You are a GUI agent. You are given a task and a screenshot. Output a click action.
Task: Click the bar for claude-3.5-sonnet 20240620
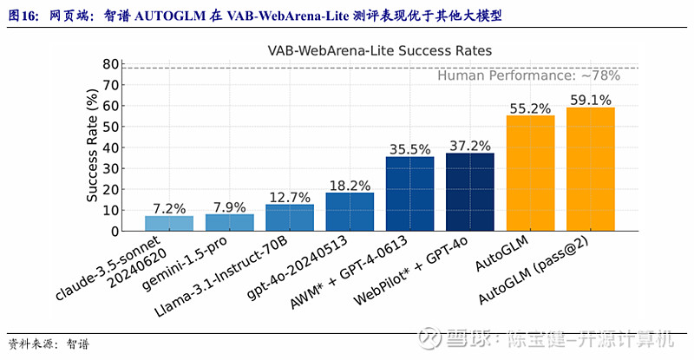pos(169,223)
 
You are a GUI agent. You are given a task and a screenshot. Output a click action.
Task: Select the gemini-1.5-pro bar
pos(229,222)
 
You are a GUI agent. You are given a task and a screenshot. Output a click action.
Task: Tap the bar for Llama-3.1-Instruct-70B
pos(290,218)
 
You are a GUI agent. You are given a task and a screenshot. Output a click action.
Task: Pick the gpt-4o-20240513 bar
pos(350,212)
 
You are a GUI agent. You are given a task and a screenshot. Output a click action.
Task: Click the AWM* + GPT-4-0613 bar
pos(409,193)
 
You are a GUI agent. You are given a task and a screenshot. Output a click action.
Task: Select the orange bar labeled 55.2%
pos(530,173)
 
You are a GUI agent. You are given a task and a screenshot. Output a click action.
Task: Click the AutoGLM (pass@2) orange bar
pos(590,169)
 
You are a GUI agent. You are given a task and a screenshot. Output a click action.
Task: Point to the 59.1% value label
pos(590,100)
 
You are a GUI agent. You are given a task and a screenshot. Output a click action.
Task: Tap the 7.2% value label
pos(169,208)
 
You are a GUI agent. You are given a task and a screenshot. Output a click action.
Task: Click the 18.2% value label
pos(350,185)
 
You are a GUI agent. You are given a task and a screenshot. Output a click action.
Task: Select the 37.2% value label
pos(469,145)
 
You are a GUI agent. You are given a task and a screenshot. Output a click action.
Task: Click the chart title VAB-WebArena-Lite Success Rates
pos(379,50)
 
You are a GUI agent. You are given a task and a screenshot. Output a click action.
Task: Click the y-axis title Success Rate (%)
pos(93,148)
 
